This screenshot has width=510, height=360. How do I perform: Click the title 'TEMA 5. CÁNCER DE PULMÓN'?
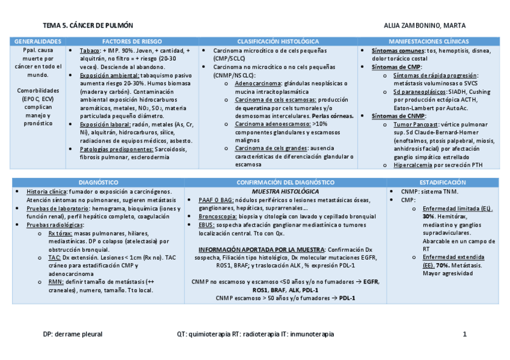tap(88, 25)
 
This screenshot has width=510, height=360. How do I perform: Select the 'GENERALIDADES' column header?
tap(38, 42)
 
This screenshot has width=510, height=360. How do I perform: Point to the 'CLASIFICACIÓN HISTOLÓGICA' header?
tap(278, 42)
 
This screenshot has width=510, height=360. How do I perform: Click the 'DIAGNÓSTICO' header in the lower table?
tap(99, 182)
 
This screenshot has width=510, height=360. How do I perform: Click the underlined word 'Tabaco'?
tap(90, 51)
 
